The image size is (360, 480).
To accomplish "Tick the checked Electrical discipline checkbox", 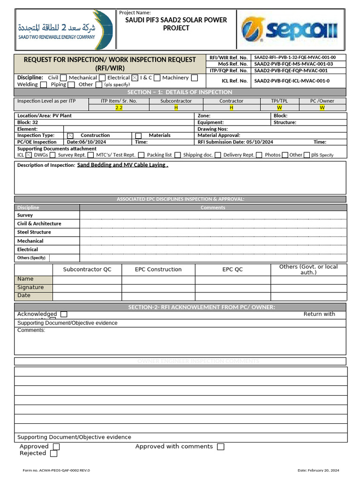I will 135,78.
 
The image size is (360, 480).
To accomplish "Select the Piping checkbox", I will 71,85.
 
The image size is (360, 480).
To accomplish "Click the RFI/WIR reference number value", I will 295,58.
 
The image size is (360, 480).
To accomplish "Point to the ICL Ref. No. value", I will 292,81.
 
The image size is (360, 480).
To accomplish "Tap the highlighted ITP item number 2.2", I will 119,107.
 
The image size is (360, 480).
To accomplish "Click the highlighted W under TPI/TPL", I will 280,107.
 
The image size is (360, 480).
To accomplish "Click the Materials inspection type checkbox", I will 138,136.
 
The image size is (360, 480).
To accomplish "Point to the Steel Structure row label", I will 34,232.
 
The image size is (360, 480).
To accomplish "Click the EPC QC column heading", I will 232,270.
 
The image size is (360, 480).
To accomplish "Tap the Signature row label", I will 30,287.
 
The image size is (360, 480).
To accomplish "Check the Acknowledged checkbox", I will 64,314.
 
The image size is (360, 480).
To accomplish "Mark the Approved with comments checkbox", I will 221,447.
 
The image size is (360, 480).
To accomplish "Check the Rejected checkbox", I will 54,454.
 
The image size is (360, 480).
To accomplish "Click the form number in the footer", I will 56,470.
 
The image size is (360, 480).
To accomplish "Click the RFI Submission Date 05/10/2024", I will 235,142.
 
